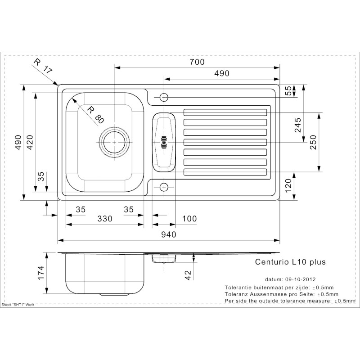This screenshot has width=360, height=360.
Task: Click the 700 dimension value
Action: coord(197,62)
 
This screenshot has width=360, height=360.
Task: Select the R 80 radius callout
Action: coord(95,115)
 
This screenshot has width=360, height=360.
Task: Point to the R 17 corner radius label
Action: coord(43,66)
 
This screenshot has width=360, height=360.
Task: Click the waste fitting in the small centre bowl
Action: coord(164,142)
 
